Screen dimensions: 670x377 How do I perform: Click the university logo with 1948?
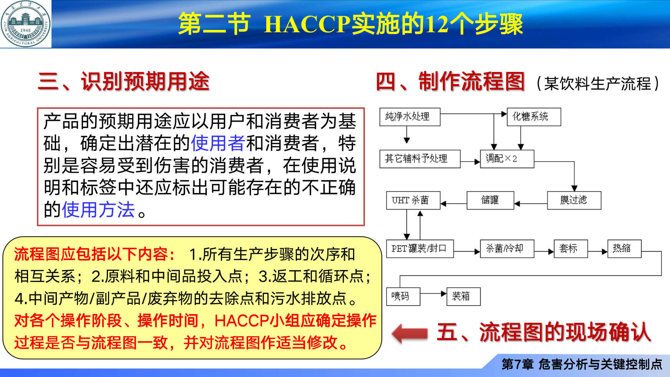tap(25, 24)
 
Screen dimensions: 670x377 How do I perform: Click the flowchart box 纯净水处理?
tap(410, 117)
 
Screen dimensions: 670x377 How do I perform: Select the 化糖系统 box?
tap(534, 117)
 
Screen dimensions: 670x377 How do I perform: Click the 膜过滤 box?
tap(574, 200)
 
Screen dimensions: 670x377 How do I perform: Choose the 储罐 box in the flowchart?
tap(490, 200)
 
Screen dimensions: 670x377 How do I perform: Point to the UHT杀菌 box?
tap(413, 200)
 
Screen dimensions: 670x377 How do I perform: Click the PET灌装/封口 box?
tap(420, 249)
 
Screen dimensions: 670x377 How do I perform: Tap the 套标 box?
tap(570, 249)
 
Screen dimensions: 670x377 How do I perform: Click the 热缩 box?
tap(624, 249)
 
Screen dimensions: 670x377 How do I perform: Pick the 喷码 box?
tap(403, 296)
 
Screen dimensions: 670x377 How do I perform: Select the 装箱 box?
tap(463, 296)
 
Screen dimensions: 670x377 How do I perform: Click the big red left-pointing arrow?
tap(410, 333)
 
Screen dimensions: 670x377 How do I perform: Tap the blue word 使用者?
tap(218, 143)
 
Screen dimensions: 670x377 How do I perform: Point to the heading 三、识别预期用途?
tap(124, 82)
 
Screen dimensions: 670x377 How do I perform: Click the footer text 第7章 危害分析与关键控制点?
tap(582, 364)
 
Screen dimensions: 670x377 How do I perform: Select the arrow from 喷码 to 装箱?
tap(433, 294)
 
